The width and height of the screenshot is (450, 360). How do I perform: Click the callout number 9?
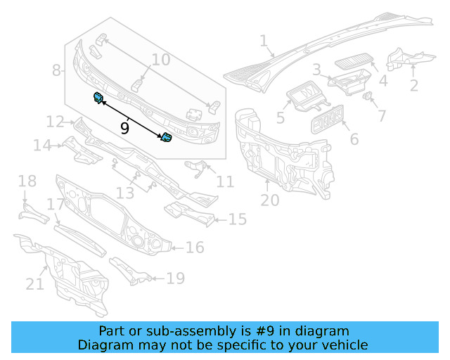(x=124, y=128)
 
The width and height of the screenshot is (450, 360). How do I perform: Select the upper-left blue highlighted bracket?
(x=98, y=98)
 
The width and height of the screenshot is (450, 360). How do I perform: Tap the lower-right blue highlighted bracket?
(x=167, y=138)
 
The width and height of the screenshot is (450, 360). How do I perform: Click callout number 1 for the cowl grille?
(x=264, y=42)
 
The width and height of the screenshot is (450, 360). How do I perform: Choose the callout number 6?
(x=354, y=140)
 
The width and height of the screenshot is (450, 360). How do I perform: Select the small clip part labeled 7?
(x=368, y=96)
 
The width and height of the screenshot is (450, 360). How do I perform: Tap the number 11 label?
(x=225, y=182)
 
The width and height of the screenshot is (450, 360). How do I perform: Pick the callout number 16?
(x=195, y=247)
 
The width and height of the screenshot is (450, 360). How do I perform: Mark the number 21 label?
(x=34, y=284)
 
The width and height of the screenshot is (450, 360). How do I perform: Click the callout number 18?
(x=27, y=182)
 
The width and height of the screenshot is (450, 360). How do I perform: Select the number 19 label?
(x=175, y=279)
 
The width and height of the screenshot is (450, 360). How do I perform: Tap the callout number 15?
(x=237, y=220)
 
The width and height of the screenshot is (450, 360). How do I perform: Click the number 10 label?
(x=161, y=60)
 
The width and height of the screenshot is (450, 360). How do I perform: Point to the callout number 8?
(x=56, y=70)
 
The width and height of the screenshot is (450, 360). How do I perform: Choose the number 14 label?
(x=42, y=146)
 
